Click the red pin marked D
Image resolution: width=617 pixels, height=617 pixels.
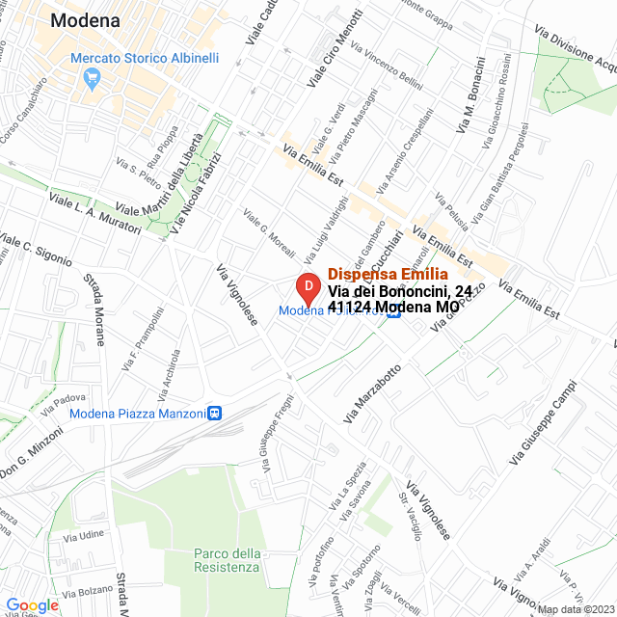307,287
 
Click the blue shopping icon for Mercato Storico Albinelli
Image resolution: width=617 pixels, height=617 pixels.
94,79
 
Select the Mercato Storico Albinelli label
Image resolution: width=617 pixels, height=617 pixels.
145,58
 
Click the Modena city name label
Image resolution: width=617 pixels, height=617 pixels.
92,19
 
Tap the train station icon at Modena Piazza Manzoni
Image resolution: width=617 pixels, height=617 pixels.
214,413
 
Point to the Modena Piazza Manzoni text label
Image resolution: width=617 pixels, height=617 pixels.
138,414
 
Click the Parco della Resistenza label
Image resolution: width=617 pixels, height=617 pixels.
227,560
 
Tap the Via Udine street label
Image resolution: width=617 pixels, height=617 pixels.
86,534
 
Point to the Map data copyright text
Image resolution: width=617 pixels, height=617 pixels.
576,609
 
